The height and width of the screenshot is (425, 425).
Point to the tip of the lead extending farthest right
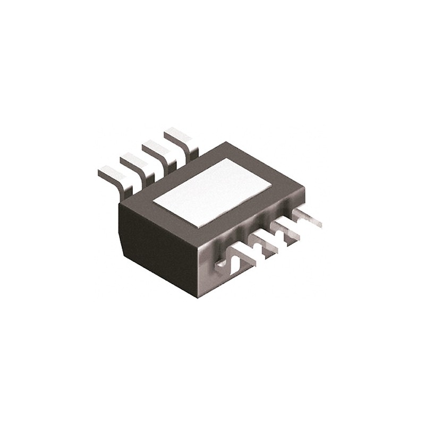(x=319, y=224)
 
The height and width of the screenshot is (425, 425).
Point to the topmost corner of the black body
(x=226, y=142)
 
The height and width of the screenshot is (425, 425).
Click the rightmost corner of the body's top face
(x=304, y=188)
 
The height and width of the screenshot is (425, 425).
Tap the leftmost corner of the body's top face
(x=118, y=204)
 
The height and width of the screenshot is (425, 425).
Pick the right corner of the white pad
(x=271, y=184)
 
